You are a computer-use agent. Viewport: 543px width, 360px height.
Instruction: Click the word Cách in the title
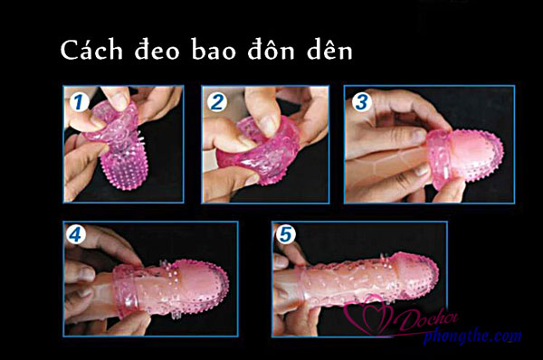click(x=91, y=50)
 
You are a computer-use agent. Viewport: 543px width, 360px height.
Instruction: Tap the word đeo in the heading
click(x=157, y=50)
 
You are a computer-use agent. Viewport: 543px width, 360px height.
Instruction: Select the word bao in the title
click(x=214, y=50)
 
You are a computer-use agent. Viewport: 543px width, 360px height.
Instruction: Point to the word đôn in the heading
click(x=271, y=50)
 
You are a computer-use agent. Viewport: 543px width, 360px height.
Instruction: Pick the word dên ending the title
click(x=329, y=50)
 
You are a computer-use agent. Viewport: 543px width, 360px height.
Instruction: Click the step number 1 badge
click(x=80, y=102)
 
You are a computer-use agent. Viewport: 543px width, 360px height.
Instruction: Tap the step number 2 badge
click(x=217, y=102)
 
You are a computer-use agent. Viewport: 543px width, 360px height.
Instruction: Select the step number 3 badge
click(x=362, y=102)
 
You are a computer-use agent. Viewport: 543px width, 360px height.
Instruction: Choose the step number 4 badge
click(x=76, y=235)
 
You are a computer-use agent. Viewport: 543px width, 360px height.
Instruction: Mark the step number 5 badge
click(x=286, y=234)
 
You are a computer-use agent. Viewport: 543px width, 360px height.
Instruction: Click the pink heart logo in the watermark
click(x=369, y=316)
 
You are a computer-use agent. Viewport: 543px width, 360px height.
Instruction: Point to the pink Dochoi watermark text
click(x=426, y=319)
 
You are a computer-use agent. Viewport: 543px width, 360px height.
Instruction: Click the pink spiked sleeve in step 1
click(x=117, y=146)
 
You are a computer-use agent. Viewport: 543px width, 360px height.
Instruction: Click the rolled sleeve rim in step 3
click(x=437, y=160)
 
